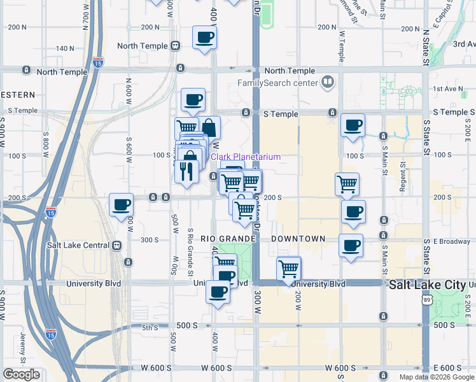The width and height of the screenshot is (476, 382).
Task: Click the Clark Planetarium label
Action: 246,157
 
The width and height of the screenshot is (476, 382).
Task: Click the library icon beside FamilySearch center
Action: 328,81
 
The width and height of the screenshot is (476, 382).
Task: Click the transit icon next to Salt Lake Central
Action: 116,245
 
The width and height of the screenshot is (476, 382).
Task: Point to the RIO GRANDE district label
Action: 227,239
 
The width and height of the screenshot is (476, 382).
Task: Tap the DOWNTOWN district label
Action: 298,239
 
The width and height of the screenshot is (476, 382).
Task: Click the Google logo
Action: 22,374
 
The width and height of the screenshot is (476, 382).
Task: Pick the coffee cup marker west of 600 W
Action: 121,205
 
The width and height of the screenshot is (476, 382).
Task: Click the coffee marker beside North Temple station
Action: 204,38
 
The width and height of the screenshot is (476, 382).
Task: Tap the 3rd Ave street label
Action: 464,44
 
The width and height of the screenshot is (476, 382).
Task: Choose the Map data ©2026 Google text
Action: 437,376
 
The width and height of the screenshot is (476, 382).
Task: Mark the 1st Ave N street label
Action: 445,89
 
